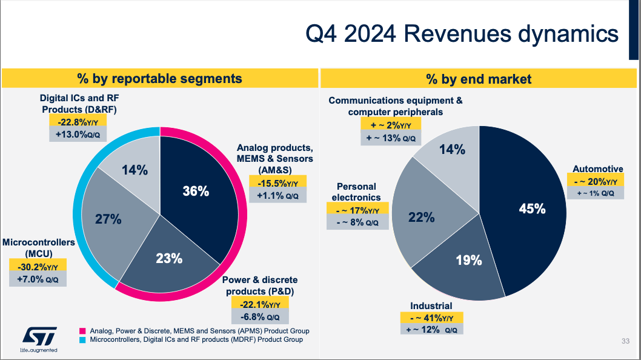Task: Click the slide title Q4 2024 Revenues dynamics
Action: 462,34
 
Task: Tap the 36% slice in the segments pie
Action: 196,192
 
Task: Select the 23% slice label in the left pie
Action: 169,258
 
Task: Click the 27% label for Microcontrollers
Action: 108,219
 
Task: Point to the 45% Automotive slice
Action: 532,208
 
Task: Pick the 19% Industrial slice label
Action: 468,261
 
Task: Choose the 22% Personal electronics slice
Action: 421,216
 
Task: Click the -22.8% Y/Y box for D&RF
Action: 79,122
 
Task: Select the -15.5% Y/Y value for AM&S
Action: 278,182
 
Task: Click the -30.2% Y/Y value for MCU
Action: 38,267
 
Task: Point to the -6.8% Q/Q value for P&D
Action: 261,317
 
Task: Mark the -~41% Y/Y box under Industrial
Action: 431,318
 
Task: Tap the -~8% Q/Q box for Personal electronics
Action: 357,222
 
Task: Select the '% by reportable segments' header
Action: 159,78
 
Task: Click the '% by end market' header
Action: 479,79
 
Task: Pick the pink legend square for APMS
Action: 83,331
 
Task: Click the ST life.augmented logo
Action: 39,339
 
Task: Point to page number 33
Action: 625,341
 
